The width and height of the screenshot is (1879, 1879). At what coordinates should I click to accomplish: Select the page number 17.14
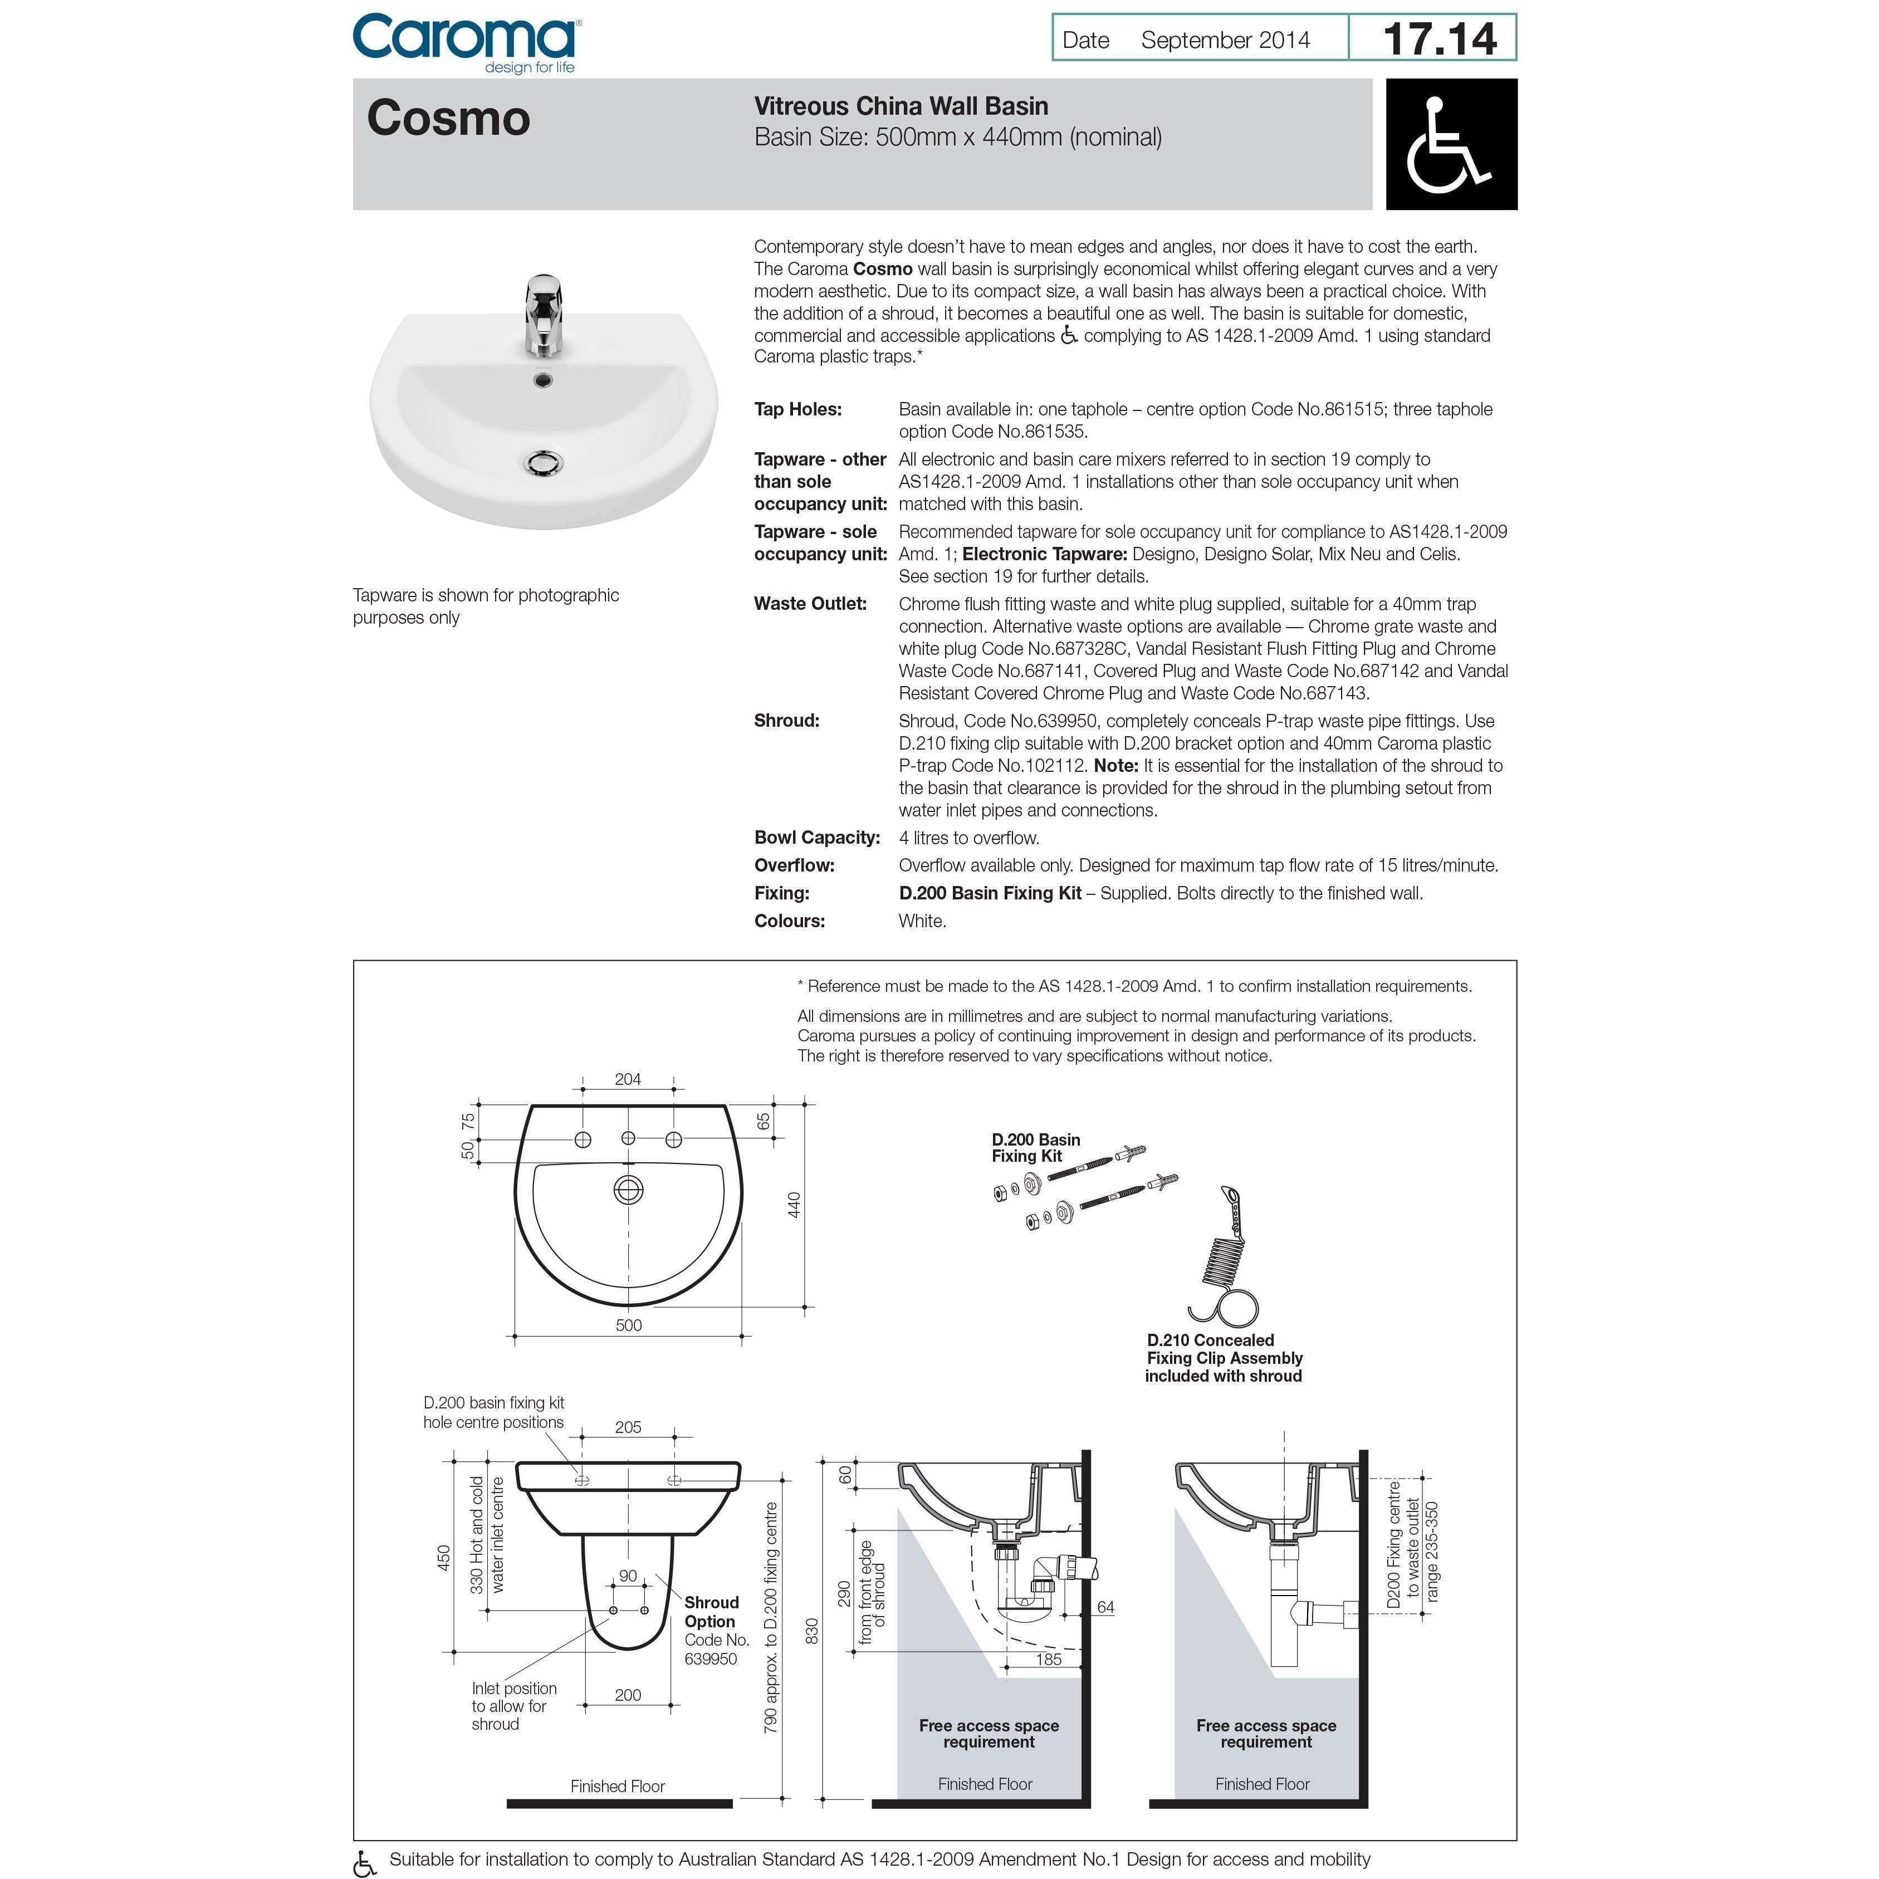click(1440, 39)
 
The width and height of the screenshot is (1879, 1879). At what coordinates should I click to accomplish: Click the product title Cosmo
click(448, 119)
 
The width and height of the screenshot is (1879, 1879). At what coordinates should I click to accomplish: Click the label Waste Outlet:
click(810, 604)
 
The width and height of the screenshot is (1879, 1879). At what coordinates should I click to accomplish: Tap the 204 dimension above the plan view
click(628, 1079)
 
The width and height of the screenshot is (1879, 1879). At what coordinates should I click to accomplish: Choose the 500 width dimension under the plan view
click(628, 1325)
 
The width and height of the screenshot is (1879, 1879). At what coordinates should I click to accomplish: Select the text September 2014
click(1225, 41)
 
